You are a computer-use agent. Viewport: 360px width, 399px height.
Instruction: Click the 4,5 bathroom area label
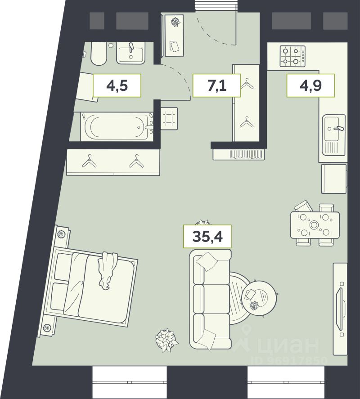tap(117, 85)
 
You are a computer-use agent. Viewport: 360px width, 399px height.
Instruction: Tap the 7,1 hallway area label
tap(216, 85)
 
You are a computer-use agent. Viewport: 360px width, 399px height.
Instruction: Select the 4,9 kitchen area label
tap(310, 85)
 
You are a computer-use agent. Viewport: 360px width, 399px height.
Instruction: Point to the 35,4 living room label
tap(207, 237)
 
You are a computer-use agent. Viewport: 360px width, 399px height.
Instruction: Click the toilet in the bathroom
tap(99, 54)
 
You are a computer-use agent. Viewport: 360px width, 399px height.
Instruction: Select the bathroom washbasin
tap(131, 53)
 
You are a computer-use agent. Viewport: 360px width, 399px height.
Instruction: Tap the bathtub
tap(117, 126)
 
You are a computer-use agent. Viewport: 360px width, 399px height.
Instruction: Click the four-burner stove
tap(292, 56)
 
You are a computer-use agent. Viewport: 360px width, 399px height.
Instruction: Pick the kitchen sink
tap(334, 134)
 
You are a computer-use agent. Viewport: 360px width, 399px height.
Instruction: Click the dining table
tap(315, 225)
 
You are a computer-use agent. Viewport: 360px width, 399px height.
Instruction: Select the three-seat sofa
tap(210, 299)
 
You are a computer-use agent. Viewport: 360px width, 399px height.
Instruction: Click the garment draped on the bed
tap(107, 270)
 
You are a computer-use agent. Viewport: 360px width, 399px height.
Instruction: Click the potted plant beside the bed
tap(166, 340)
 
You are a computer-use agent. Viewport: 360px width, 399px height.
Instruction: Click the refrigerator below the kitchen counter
tap(334, 179)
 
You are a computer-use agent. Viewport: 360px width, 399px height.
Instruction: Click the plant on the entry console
tap(175, 22)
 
